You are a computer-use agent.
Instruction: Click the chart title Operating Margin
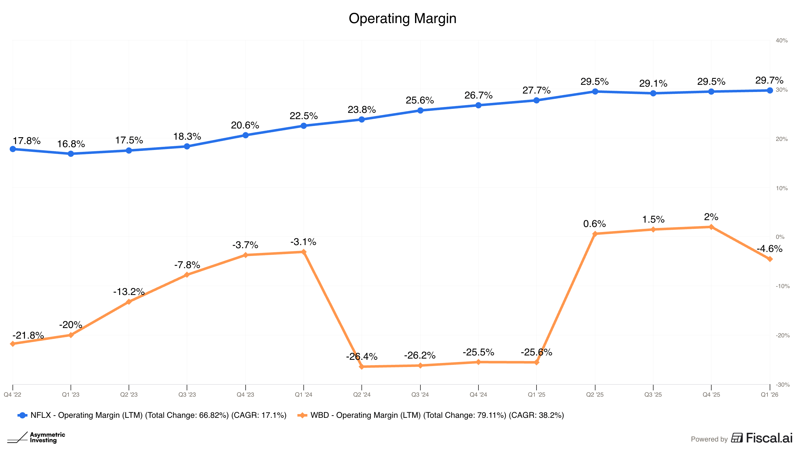coord(402,19)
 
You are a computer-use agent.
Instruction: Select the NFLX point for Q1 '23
coord(71,154)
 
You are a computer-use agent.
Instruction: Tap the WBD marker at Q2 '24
coord(362,367)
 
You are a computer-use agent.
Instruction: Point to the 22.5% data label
coord(303,116)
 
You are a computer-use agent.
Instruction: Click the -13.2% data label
coord(129,292)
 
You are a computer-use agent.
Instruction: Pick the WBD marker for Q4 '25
coord(711,227)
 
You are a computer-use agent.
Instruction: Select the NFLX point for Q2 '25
coord(595,91)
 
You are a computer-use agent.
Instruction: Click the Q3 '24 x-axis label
coord(420,395)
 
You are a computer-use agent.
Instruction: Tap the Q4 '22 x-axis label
coord(12,395)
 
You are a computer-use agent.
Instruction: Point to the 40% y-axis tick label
coord(782,41)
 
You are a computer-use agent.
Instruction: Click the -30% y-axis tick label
coord(782,385)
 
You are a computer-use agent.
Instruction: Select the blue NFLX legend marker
coord(22,415)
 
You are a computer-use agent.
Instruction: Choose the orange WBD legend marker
coord(302,415)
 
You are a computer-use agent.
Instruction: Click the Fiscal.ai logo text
coord(769,438)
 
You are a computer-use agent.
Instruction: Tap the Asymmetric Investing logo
coord(36,437)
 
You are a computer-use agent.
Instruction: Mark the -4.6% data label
coord(769,249)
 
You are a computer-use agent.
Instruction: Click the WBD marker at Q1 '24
coord(304,252)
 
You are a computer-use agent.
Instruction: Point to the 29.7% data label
coord(769,80)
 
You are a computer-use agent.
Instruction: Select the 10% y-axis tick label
coord(782,188)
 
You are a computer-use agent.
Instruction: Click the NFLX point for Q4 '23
coord(245,135)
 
